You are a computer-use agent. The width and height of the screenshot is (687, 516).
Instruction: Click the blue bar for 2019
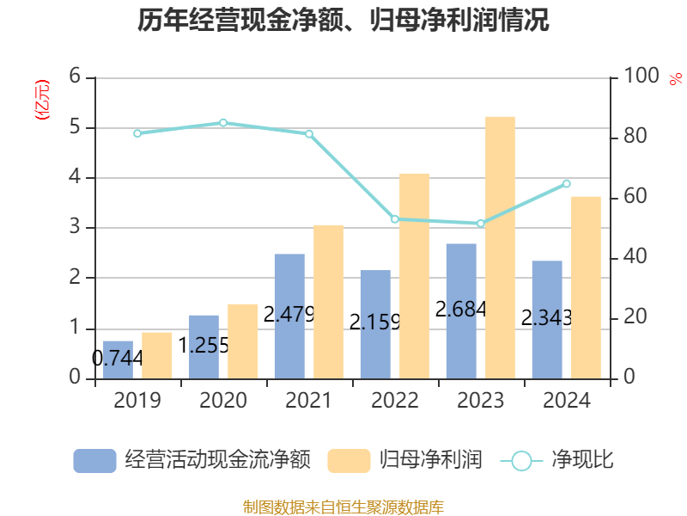click(x=118, y=359)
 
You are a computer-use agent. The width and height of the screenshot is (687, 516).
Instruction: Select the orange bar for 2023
click(x=500, y=248)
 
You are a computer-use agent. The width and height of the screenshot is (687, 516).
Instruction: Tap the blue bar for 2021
click(x=289, y=316)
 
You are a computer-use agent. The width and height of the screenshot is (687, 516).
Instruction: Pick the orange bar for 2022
click(x=414, y=275)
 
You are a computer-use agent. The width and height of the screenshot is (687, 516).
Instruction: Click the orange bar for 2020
click(x=242, y=341)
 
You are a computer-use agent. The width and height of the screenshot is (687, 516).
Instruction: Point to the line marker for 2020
click(x=223, y=123)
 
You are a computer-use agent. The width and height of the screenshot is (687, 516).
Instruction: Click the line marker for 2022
click(x=395, y=219)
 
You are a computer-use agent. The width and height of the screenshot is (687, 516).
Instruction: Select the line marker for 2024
click(x=567, y=183)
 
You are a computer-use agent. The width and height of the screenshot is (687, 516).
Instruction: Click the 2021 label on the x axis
click(x=309, y=401)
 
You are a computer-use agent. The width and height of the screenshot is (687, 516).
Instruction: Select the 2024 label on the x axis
click(x=567, y=401)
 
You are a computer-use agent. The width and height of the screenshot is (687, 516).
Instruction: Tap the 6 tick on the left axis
click(x=76, y=77)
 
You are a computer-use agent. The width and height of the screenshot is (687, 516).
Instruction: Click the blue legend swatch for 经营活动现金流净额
click(x=94, y=460)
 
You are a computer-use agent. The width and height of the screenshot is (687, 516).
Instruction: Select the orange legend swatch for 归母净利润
click(x=350, y=460)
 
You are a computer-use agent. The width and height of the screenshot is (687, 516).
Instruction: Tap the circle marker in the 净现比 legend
click(x=521, y=461)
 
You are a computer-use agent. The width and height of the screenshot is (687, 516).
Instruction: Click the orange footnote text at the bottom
click(x=343, y=507)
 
